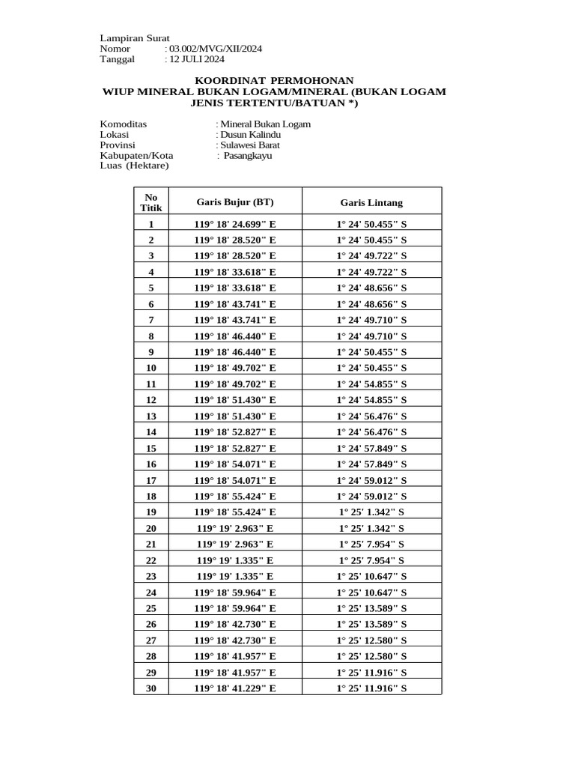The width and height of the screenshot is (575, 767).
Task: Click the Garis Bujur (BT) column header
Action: [235, 202]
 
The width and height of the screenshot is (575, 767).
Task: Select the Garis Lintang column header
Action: [371, 202]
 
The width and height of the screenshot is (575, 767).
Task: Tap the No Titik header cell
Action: [151, 202]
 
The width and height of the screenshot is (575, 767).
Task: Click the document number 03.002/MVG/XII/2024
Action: [215, 49]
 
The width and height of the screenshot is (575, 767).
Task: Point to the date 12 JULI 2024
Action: [197, 59]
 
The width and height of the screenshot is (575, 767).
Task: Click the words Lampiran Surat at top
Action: [135, 38]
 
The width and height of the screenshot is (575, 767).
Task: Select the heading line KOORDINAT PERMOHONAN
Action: [274, 80]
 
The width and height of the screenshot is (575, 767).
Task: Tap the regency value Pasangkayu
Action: [248, 156]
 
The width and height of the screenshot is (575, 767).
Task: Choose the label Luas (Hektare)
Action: [135, 166]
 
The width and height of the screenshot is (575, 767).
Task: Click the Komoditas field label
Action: [124, 124]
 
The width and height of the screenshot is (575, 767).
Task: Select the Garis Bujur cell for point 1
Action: [235, 224]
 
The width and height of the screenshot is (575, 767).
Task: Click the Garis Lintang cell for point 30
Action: [371, 688]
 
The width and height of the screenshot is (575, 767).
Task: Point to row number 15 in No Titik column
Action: [151, 448]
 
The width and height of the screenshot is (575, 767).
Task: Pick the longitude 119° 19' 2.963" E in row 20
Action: [235, 528]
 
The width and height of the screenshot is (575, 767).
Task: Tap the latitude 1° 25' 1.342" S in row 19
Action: [371, 512]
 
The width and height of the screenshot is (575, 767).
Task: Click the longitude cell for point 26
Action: [235, 624]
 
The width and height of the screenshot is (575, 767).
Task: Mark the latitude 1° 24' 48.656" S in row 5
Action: [371, 288]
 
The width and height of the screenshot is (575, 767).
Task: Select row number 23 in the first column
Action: [151, 576]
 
